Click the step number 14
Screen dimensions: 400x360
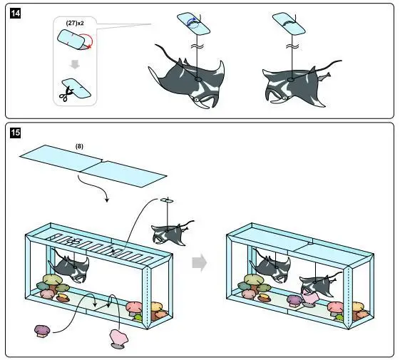point(15,13)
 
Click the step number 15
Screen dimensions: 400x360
point(15,133)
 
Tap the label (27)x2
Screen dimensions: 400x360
point(75,23)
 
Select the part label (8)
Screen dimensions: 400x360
point(79,146)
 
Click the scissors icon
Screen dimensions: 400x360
point(66,94)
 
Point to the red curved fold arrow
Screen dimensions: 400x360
point(88,41)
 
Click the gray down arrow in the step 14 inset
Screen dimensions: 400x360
point(75,63)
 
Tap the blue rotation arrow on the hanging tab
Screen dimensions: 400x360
point(193,22)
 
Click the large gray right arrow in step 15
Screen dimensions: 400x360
point(199,263)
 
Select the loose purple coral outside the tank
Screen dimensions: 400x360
point(42,331)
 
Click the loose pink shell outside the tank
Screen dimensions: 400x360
point(118,339)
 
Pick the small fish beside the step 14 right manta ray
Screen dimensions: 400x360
point(324,76)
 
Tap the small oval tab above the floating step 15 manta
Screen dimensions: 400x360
point(167,200)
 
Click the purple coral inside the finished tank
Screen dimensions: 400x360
point(295,300)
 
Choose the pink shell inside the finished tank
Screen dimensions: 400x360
point(309,299)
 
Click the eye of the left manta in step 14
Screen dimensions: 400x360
point(196,100)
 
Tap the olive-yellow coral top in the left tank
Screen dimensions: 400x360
point(52,279)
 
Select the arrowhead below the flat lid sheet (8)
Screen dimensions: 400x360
point(107,200)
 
